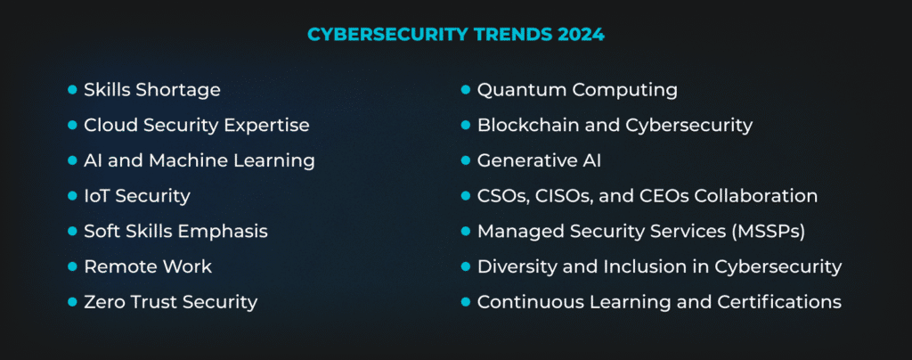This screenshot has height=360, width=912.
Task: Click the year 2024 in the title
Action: point(580,35)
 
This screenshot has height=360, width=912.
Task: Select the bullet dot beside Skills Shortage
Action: point(72,90)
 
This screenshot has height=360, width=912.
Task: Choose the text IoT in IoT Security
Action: point(97,196)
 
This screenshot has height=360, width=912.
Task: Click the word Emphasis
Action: point(224,231)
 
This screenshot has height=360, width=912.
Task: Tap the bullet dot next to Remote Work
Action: point(72,266)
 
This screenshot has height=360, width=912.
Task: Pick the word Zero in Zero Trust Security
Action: point(104,302)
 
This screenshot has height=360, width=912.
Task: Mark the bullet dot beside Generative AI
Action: point(465,160)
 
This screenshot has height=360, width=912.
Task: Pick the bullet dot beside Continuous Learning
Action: point(465,302)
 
